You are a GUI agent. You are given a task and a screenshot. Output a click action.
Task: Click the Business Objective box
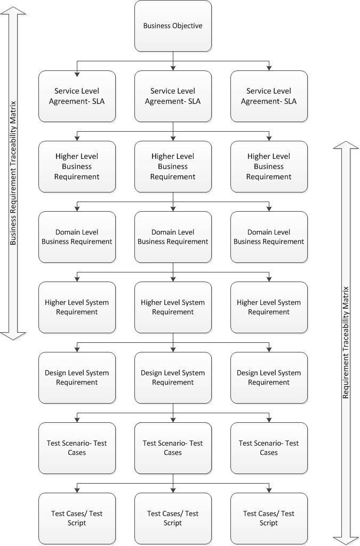tap(173, 26)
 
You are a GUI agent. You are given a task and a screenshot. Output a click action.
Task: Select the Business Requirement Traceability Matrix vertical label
tap(13, 173)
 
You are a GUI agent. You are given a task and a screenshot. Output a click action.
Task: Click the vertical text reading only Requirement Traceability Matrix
tap(346, 341)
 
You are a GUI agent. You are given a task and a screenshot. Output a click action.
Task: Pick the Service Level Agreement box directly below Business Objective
tap(173, 96)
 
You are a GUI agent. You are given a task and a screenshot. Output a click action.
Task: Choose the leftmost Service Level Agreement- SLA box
tap(77, 96)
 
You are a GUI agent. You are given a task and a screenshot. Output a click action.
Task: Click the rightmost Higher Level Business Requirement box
tap(269, 166)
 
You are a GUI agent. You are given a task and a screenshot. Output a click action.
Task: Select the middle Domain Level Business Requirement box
tap(173, 237)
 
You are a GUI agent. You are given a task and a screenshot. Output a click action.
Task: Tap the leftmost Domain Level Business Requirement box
tap(77, 237)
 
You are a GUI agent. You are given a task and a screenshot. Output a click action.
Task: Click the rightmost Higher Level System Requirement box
tap(269, 307)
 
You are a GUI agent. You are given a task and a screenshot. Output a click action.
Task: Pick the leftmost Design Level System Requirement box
tap(77, 378)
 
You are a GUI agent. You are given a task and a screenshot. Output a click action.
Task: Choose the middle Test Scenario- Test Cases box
tap(173, 448)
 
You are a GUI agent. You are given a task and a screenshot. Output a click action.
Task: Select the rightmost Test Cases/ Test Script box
tap(269, 518)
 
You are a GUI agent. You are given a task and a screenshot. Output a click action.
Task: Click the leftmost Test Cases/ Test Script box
tap(77, 518)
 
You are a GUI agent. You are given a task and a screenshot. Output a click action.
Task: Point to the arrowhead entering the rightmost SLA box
tap(269, 68)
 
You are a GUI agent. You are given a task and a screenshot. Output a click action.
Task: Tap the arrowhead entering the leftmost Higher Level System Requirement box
tap(77, 279)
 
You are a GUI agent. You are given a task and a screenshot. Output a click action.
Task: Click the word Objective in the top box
tap(185, 26)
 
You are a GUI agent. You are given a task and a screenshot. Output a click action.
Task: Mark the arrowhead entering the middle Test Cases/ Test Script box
tap(173, 490)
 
